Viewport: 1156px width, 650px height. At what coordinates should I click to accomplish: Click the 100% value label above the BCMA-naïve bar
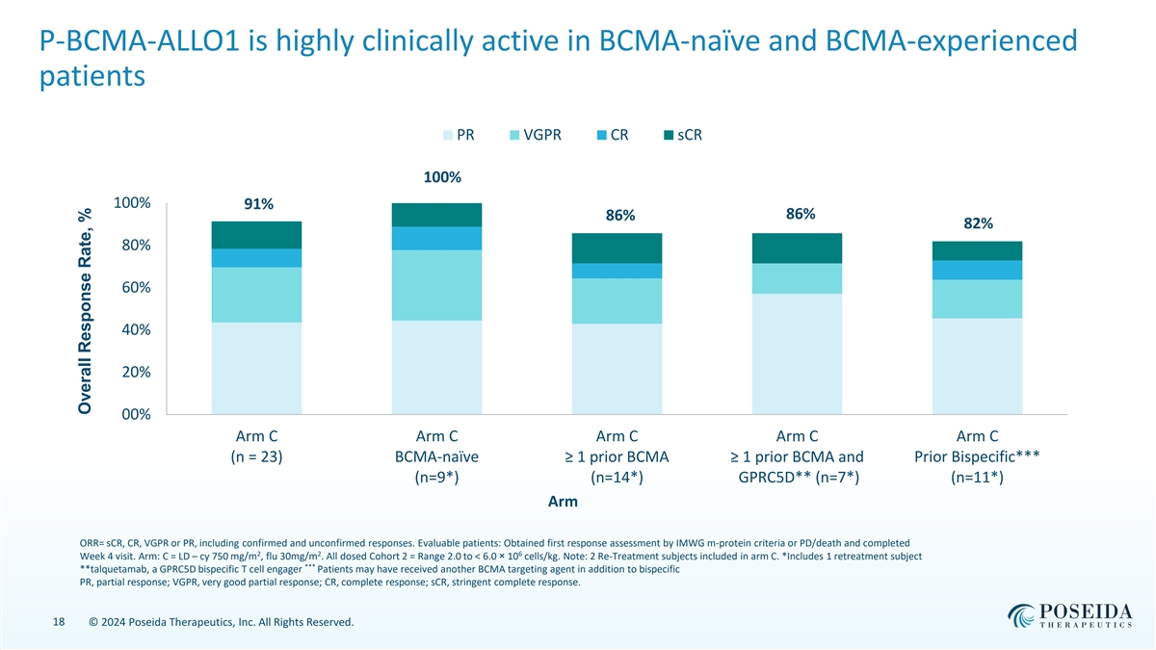[x=442, y=178]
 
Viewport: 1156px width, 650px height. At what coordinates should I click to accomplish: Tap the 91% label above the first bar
[x=258, y=204]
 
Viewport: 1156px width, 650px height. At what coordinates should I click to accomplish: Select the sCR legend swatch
[x=670, y=135]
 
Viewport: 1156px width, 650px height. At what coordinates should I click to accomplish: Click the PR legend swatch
[x=448, y=135]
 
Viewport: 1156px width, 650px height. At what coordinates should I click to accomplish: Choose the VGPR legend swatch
[x=515, y=135]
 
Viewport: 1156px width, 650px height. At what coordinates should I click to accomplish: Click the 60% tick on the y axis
[x=131, y=288]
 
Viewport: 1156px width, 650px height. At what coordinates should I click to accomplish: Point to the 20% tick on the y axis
[x=131, y=373]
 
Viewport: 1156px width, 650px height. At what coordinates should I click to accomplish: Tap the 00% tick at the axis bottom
[x=131, y=415]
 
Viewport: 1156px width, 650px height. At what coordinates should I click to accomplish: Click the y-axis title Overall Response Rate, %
[x=85, y=314]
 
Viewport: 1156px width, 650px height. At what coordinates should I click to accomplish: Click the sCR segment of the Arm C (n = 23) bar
[x=257, y=235]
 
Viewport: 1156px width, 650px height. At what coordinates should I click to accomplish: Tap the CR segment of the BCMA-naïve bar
[x=437, y=238]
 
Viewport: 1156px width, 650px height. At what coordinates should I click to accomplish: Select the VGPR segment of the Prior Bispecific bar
[x=978, y=299]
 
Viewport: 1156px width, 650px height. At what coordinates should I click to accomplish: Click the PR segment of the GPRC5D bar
[x=798, y=353]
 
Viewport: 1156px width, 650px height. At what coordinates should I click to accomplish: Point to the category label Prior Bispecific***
[x=979, y=456]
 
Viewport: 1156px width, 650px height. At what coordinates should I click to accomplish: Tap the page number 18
[x=58, y=623]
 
